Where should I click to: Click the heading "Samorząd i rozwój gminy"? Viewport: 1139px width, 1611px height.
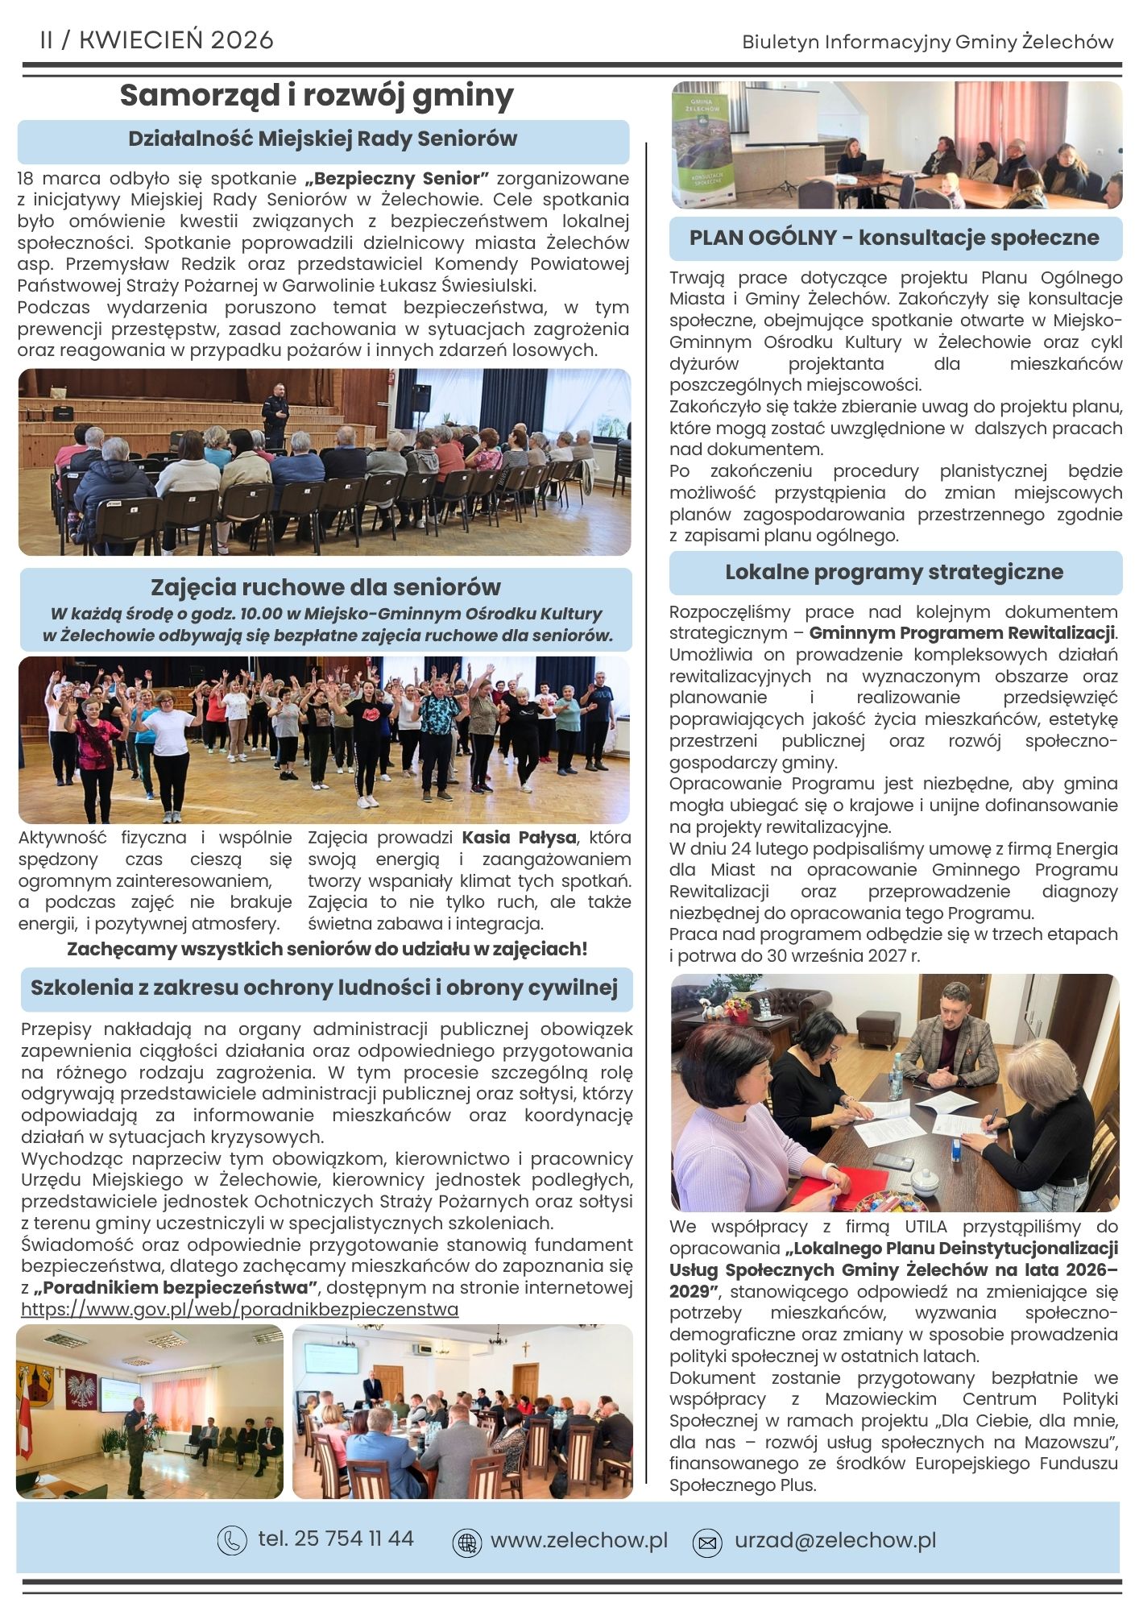click(317, 96)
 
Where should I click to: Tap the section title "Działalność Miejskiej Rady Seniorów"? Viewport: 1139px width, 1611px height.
click(323, 139)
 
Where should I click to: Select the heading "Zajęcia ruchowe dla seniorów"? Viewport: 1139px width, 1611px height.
click(325, 587)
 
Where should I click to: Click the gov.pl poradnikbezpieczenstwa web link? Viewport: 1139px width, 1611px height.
click(239, 1309)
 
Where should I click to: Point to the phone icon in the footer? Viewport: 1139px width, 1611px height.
click(232, 1540)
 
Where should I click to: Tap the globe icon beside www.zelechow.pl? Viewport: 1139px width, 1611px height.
click(466, 1542)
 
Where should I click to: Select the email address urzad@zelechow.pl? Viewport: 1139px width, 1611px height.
click(835, 1540)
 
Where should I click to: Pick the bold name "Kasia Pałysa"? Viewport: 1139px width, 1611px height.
click(519, 838)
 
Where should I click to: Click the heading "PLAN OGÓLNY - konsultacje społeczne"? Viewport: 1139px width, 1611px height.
click(894, 238)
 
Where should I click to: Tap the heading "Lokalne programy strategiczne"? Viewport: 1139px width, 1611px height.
click(894, 573)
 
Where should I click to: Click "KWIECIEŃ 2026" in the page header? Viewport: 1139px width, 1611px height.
click(176, 40)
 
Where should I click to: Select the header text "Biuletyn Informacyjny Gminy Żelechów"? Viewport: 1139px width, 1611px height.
click(928, 42)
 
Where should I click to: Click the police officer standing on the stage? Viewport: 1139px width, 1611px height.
click(275, 412)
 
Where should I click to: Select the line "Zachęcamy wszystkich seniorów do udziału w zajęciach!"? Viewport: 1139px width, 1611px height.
click(327, 950)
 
